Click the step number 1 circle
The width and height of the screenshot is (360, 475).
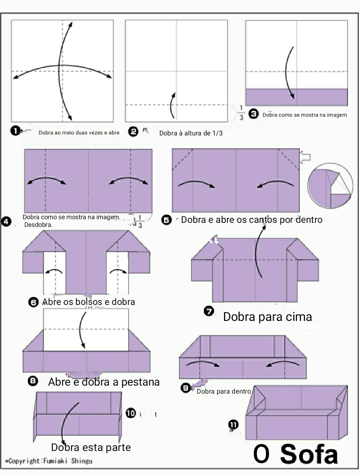(x=15, y=131)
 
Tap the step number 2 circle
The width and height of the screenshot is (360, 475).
(x=133, y=131)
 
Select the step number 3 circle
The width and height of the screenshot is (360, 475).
(x=253, y=114)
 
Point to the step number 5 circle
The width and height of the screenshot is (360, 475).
(x=166, y=220)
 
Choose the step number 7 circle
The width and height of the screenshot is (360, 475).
(x=209, y=312)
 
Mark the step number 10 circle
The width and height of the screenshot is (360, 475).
(x=131, y=413)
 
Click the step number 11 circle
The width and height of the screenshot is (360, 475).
(x=233, y=425)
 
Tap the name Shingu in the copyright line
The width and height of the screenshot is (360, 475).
(x=82, y=461)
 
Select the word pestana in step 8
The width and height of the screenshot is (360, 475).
(x=140, y=382)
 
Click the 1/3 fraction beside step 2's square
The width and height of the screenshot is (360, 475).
(x=241, y=112)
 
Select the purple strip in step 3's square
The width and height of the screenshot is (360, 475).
(x=297, y=97)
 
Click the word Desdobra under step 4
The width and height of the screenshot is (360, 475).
(x=38, y=224)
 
